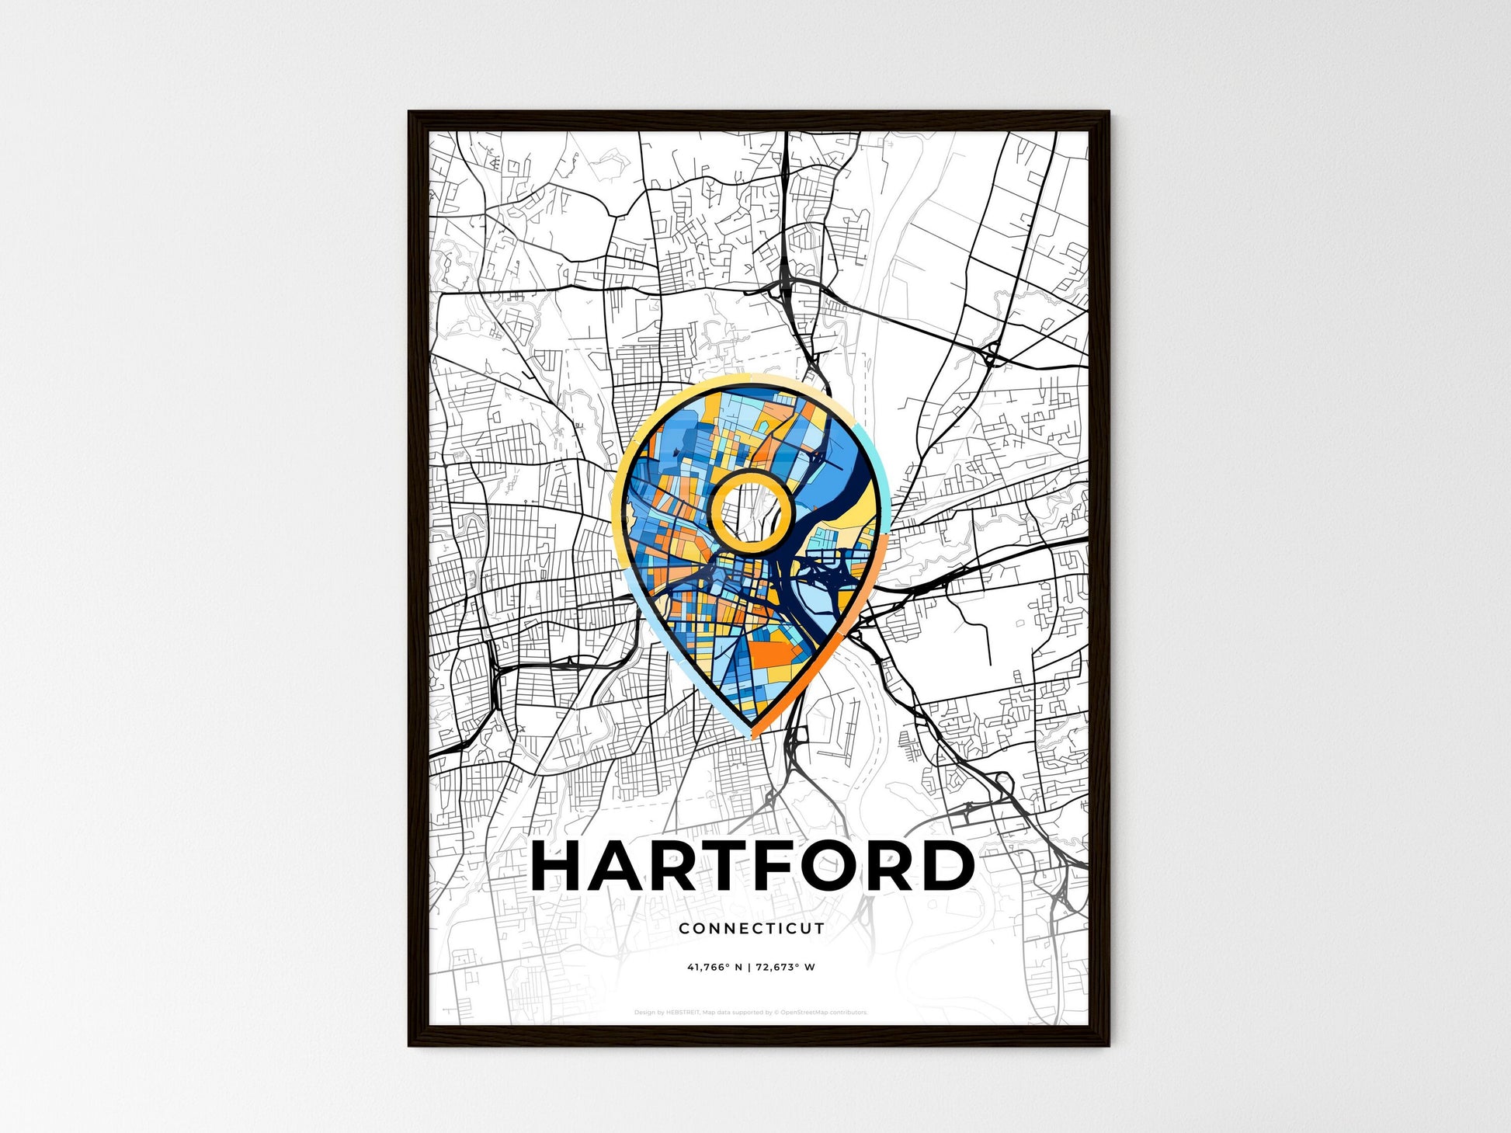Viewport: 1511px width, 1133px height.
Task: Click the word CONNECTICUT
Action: (x=751, y=928)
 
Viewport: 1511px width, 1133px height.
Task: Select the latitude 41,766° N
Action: (x=714, y=968)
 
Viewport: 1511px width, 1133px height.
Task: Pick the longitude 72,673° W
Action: (x=788, y=968)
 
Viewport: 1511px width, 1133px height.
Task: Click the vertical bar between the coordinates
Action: (x=750, y=968)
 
